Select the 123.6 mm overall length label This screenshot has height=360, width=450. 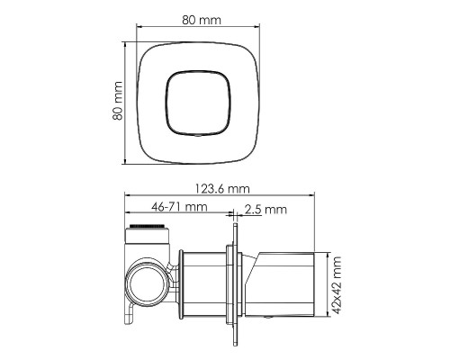point(221,189)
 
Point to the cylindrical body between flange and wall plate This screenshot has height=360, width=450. point(207,285)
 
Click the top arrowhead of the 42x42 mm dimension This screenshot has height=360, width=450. point(330,255)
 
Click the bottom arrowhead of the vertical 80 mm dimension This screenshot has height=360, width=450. point(127,161)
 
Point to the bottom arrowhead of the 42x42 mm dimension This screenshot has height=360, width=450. point(330,318)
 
